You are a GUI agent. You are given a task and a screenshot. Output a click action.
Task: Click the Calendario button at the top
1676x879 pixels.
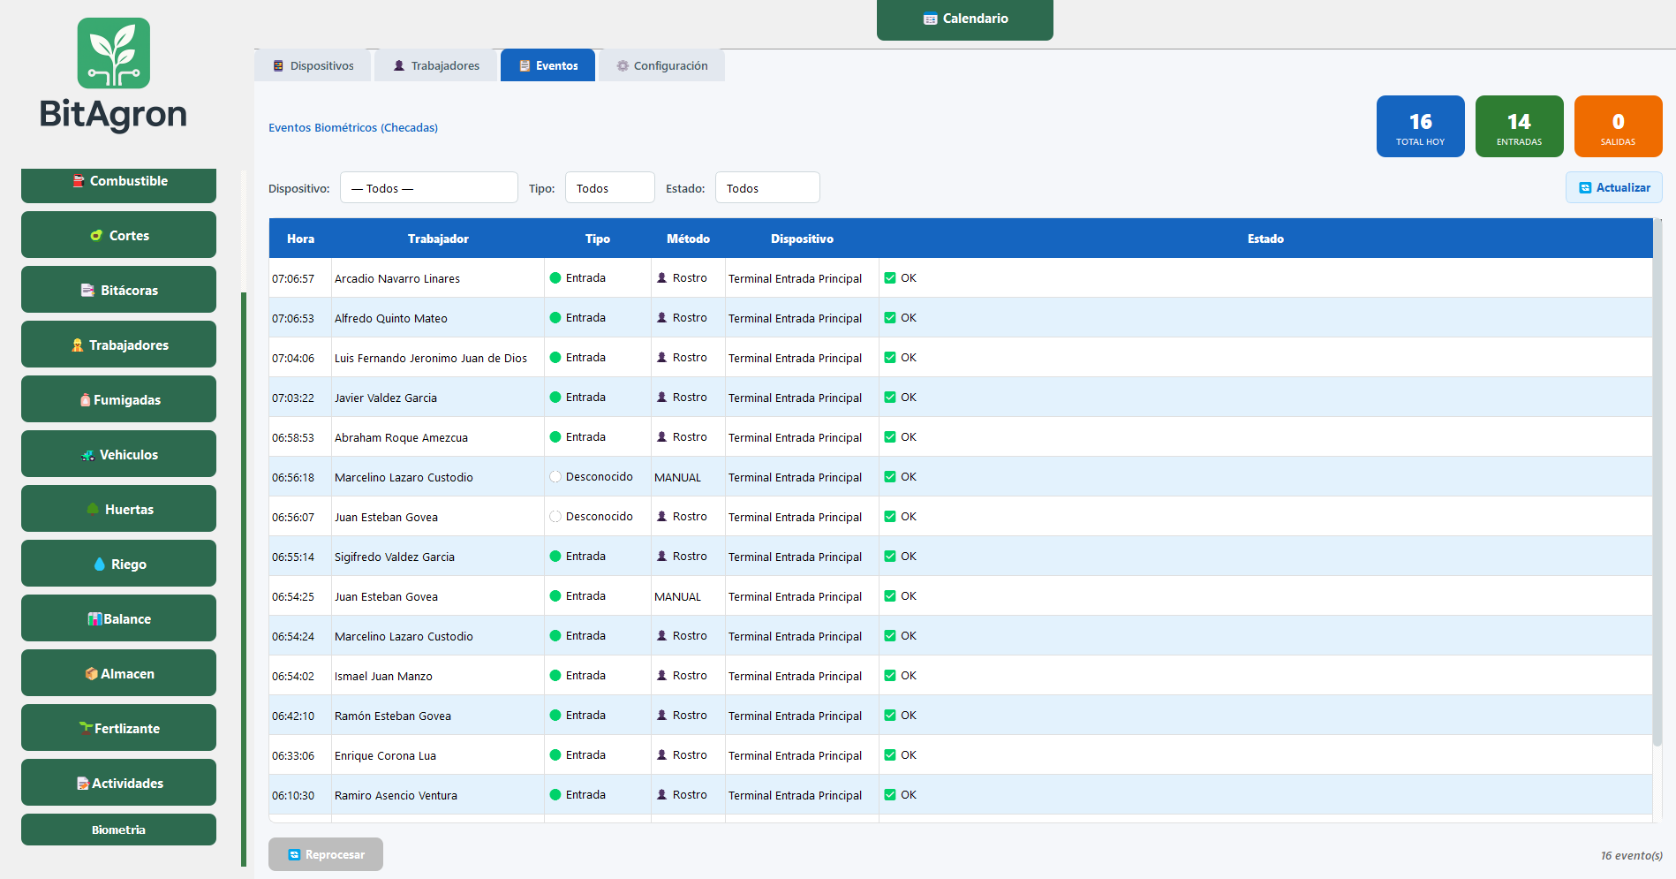point(964,19)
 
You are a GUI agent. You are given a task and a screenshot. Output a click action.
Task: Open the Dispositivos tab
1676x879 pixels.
point(313,65)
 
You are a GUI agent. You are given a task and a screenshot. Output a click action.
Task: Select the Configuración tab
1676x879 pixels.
point(661,65)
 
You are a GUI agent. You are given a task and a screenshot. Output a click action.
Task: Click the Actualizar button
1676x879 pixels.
point(1613,187)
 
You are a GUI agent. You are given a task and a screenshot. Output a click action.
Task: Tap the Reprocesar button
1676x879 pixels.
point(326,854)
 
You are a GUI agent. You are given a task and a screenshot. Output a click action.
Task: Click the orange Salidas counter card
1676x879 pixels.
point(1618,126)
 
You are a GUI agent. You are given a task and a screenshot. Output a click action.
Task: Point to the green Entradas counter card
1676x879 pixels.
point(1519,126)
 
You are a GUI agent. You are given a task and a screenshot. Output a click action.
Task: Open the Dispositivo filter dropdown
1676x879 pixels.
point(428,187)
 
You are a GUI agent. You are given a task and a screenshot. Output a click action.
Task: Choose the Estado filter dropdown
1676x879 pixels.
point(767,187)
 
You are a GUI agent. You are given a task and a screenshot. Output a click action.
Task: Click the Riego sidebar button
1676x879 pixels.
point(118,564)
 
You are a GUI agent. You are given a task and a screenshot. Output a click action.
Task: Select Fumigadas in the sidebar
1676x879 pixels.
point(118,399)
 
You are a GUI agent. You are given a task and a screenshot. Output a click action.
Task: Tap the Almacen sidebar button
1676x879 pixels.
point(118,673)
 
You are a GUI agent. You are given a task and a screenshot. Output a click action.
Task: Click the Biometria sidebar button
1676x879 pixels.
point(118,830)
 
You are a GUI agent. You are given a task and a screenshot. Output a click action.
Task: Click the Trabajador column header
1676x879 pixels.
point(438,239)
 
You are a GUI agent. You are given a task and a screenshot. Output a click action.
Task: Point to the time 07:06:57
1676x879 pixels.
point(293,278)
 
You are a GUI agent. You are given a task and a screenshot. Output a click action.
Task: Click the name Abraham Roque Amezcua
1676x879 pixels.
point(401,437)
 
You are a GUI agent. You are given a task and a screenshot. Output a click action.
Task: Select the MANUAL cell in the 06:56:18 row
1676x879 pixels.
point(677,477)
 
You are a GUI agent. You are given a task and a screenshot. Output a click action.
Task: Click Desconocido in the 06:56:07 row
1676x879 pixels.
point(599,517)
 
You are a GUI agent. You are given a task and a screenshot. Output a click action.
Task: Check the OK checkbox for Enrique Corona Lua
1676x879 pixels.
point(890,755)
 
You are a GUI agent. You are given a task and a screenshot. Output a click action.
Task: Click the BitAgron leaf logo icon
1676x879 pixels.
point(114,53)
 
